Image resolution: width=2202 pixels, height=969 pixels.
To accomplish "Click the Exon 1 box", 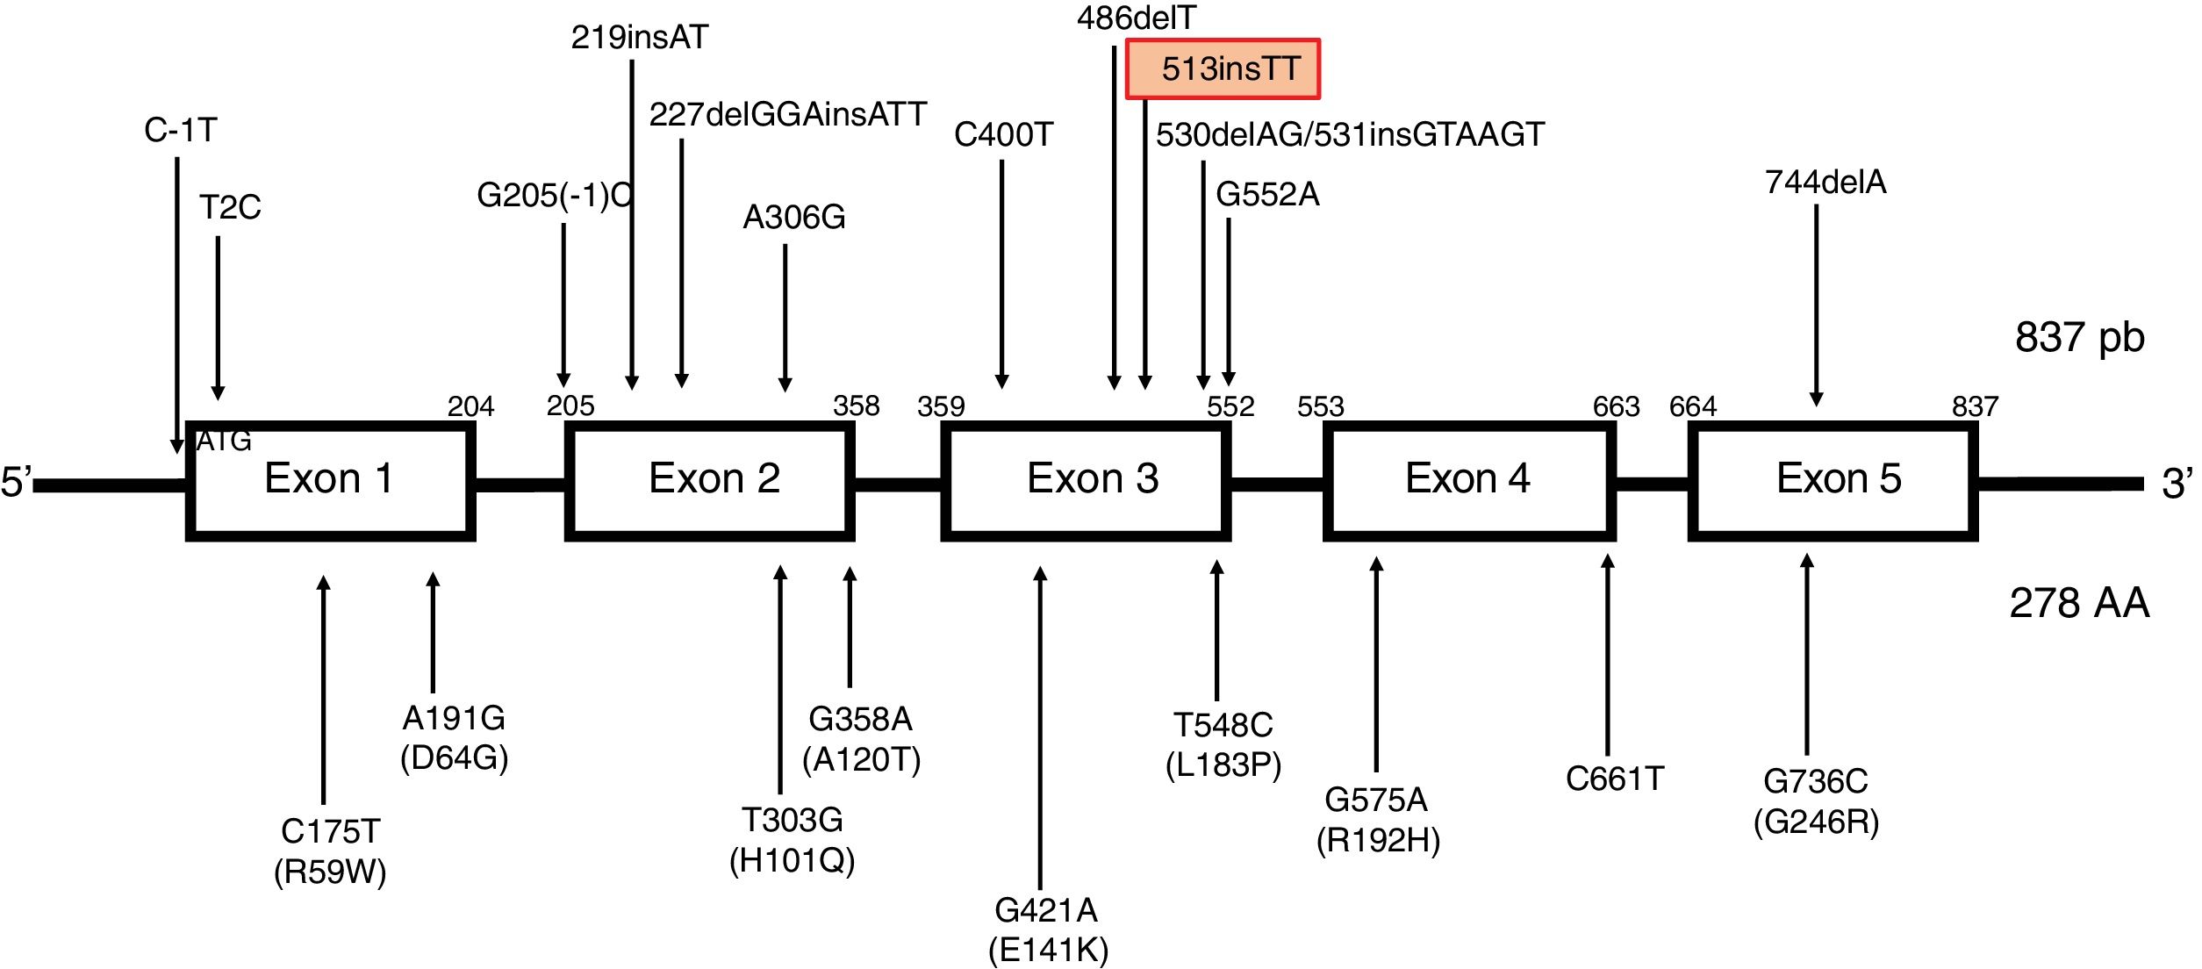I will [330, 480].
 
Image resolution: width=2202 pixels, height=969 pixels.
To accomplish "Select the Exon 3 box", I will [1086, 480].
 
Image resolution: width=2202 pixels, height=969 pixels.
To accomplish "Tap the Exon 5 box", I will [1833, 480].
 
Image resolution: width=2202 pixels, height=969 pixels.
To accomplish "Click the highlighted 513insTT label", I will [1223, 68].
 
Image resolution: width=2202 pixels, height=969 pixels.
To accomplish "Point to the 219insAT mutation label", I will [639, 37].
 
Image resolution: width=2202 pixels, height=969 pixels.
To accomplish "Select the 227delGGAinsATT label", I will [787, 114].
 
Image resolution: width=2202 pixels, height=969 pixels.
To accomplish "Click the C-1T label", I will [180, 130].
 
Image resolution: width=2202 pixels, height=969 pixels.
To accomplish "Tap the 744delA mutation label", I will [1825, 182].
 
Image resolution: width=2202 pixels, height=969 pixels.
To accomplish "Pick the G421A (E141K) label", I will [1048, 930].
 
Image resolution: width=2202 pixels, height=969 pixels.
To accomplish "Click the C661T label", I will [1615, 779].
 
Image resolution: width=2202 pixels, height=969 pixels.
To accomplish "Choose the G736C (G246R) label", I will [1816, 801].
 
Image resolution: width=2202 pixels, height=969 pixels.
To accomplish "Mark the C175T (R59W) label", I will [330, 851].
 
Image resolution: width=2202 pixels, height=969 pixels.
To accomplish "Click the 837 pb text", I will [2079, 337].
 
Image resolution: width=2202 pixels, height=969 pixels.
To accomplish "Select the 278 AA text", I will [2079, 603].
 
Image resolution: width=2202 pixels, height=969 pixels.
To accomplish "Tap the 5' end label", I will [16, 482].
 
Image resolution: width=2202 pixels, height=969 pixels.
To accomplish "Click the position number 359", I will [941, 406].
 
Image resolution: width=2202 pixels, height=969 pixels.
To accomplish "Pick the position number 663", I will [1616, 406].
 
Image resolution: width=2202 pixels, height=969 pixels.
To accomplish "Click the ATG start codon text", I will [223, 441].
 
